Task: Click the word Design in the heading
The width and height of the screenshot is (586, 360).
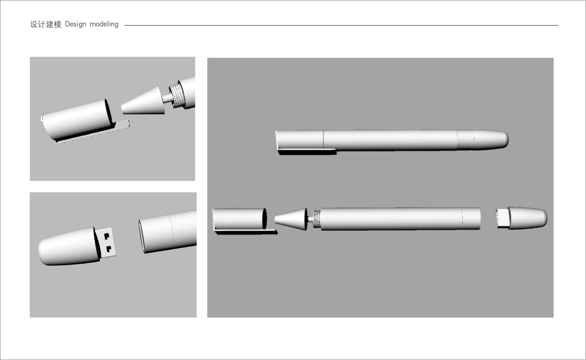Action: point(76,24)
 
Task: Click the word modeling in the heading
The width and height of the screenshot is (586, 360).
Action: point(104,24)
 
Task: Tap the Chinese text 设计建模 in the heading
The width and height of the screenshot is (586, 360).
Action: point(46,24)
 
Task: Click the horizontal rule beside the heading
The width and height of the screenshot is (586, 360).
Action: point(341,25)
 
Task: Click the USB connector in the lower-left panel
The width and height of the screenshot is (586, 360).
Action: point(106,243)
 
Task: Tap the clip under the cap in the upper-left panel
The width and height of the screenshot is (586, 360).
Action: point(94,131)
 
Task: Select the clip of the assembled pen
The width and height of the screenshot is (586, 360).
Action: point(307,151)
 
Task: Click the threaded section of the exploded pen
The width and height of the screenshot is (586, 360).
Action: point(317,219)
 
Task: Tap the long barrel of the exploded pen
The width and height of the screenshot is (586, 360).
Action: point(401,218)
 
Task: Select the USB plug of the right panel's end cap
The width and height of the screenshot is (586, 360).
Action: point(502,218)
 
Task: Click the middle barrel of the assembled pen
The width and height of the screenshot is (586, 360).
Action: point(390,140)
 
